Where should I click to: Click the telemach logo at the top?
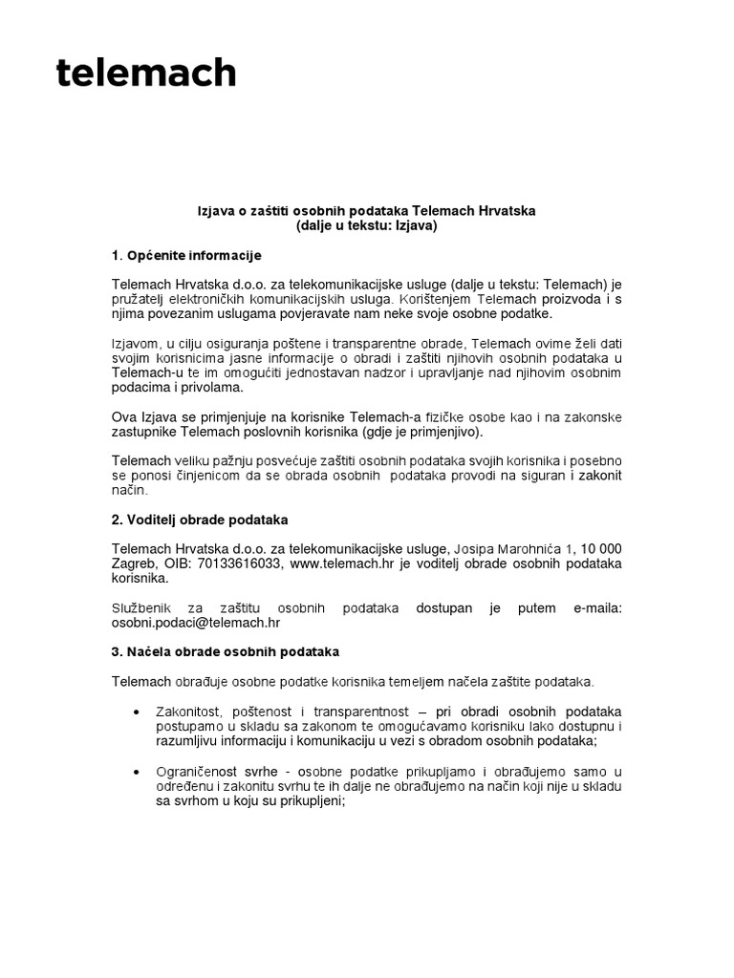coord(145,72)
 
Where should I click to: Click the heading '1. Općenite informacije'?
coord(186,256)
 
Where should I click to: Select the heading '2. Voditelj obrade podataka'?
coord(200,520)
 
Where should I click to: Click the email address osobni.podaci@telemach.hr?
coord(196,622)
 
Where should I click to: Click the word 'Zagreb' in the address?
coord(133,563)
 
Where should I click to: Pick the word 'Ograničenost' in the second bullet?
coord(198,771)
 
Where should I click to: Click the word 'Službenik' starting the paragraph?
coord(141,607)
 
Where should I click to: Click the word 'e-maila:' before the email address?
coord(596,607)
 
